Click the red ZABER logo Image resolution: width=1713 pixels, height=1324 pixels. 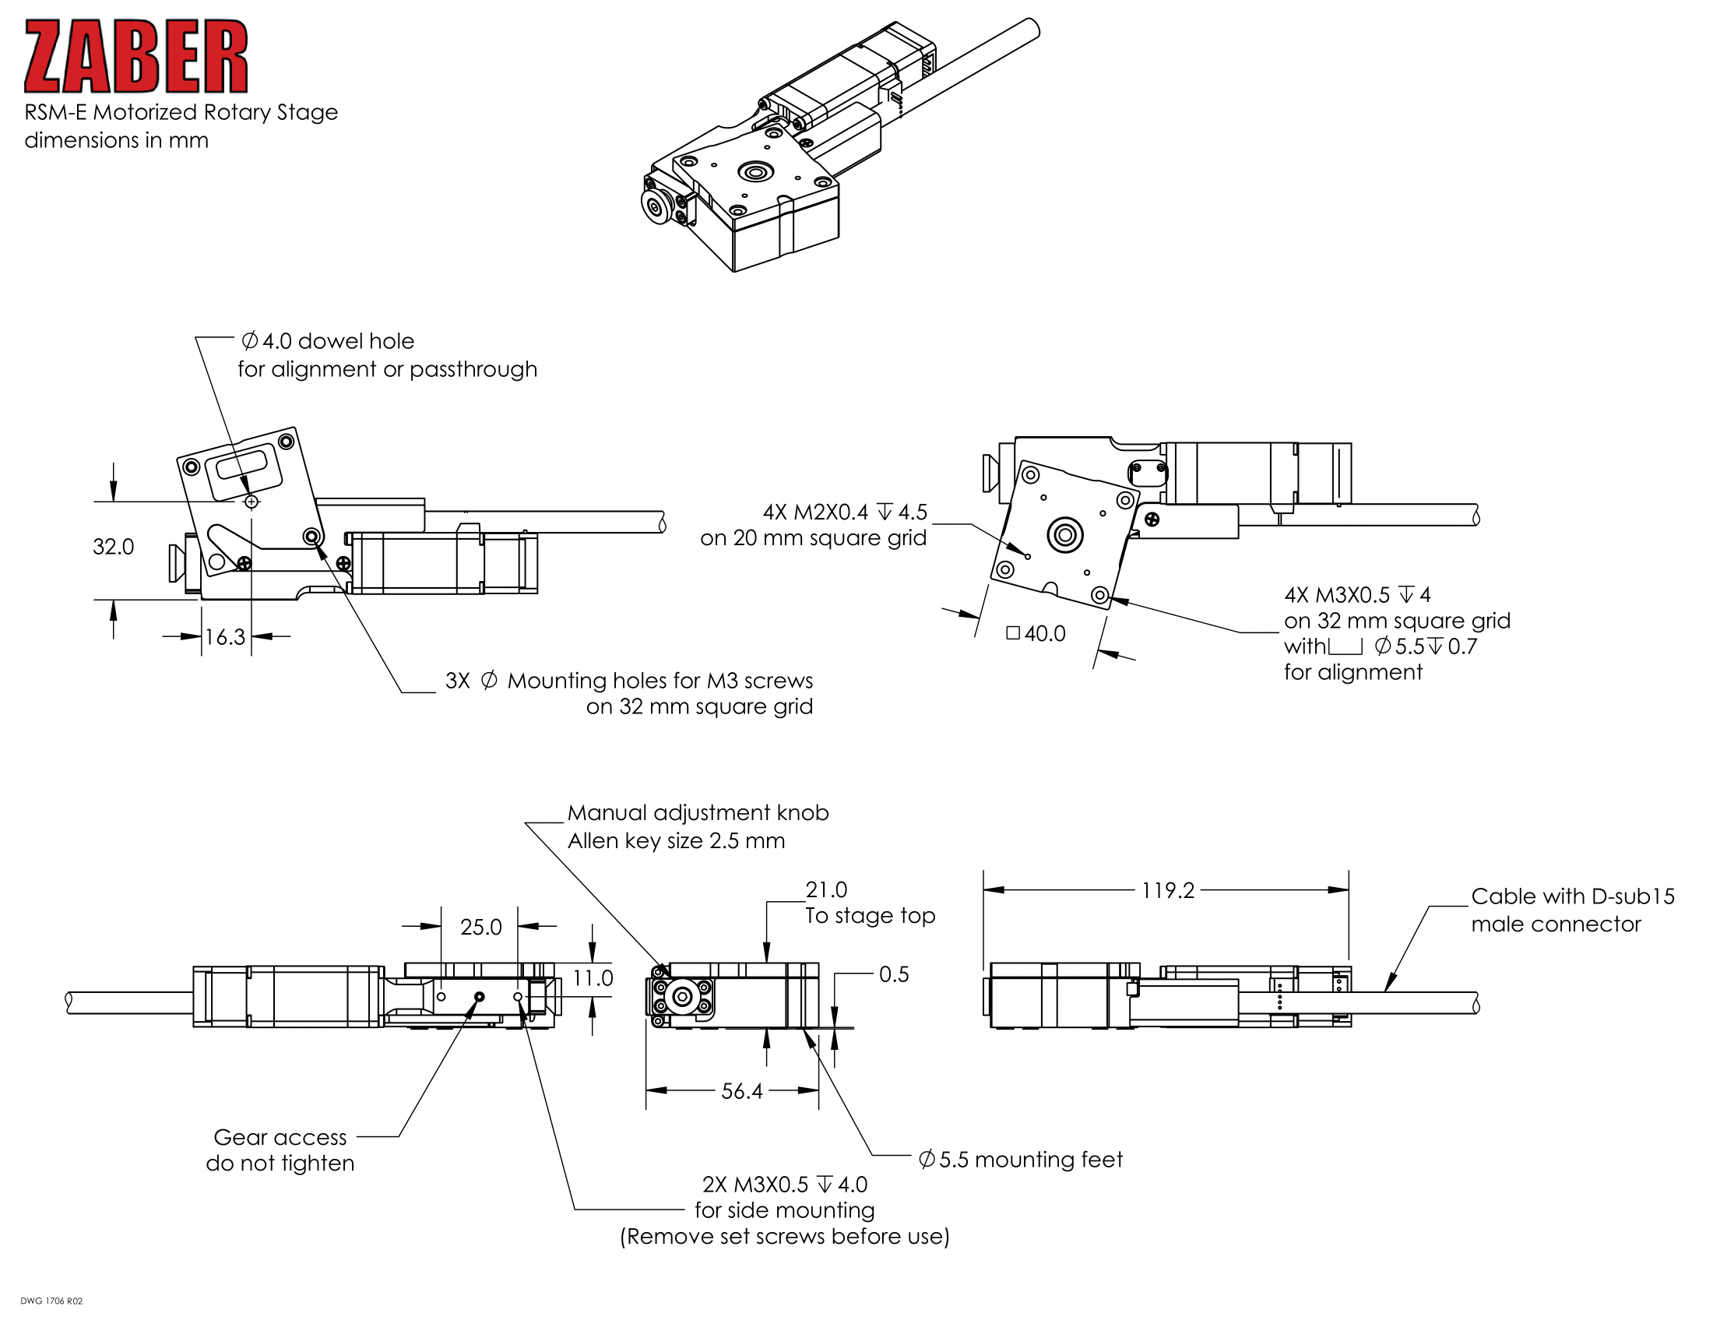136,57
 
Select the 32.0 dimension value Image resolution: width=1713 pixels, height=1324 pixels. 113,547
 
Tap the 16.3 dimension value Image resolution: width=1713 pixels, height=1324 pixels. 225,637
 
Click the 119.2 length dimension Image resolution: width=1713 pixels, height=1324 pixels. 1167,890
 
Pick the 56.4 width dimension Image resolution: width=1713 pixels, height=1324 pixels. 741,1091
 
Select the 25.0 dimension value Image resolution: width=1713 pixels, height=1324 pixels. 480,927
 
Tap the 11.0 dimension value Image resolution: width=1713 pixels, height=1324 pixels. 593,978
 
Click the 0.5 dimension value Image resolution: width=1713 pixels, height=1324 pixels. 893,974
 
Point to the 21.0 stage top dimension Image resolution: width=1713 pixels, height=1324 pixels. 827,889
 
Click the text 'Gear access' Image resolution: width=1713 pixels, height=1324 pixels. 280,1137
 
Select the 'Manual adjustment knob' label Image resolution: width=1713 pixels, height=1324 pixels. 698,812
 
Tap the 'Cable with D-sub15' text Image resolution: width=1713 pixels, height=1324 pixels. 1572,896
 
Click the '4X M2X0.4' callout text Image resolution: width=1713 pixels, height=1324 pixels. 816,512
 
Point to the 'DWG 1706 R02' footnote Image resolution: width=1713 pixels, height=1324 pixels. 51,1301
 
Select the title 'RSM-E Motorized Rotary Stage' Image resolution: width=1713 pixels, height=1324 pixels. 181,112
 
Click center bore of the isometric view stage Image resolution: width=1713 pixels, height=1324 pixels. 755,172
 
